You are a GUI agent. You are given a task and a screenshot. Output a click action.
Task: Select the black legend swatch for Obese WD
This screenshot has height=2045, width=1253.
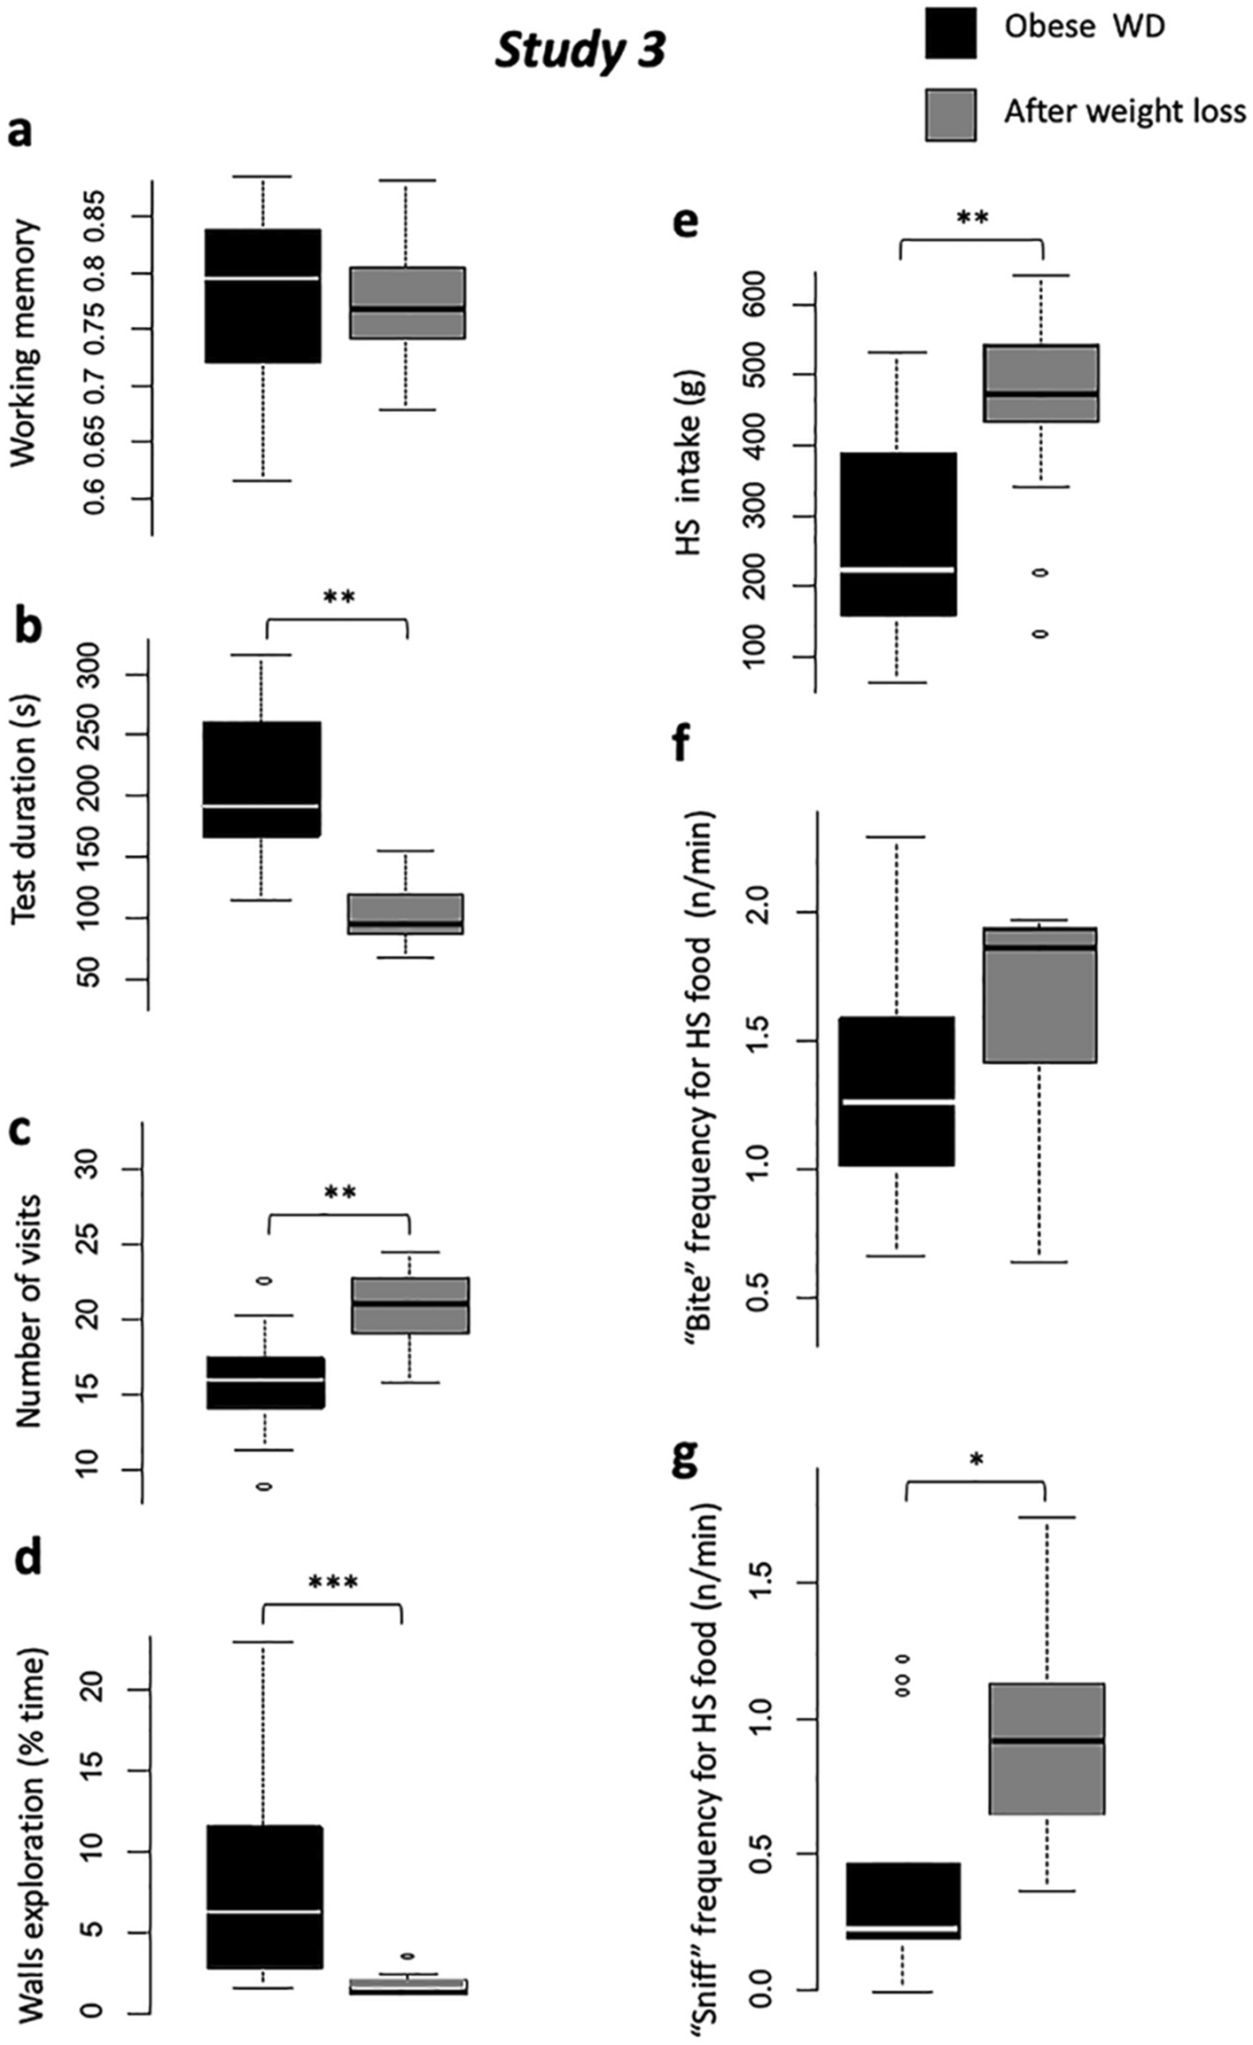coord(950,33)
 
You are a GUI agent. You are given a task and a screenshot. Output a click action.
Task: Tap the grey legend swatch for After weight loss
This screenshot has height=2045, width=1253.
coord(950,114)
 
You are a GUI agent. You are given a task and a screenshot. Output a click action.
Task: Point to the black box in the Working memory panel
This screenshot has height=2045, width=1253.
coord(263,296)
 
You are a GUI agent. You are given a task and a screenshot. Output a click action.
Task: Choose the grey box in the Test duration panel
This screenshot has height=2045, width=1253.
coord(406,914)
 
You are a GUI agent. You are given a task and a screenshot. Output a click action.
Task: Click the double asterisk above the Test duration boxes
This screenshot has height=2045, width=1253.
coord(339,597)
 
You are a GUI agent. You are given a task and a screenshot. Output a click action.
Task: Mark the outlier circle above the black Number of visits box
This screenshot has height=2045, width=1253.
coord(264,1280)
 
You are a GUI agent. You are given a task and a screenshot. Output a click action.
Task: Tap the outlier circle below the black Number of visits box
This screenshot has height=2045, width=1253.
coord(264,1486)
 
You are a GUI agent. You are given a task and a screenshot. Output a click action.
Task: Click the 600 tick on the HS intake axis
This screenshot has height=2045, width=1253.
coord(756,305)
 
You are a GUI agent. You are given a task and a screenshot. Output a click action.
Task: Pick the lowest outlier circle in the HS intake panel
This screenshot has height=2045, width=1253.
coord(1040,634)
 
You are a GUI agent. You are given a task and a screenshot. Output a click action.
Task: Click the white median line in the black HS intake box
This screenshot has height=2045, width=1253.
coord(898,569)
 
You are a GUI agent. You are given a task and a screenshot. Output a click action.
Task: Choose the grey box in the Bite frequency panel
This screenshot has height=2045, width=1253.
coord(1040,994)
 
